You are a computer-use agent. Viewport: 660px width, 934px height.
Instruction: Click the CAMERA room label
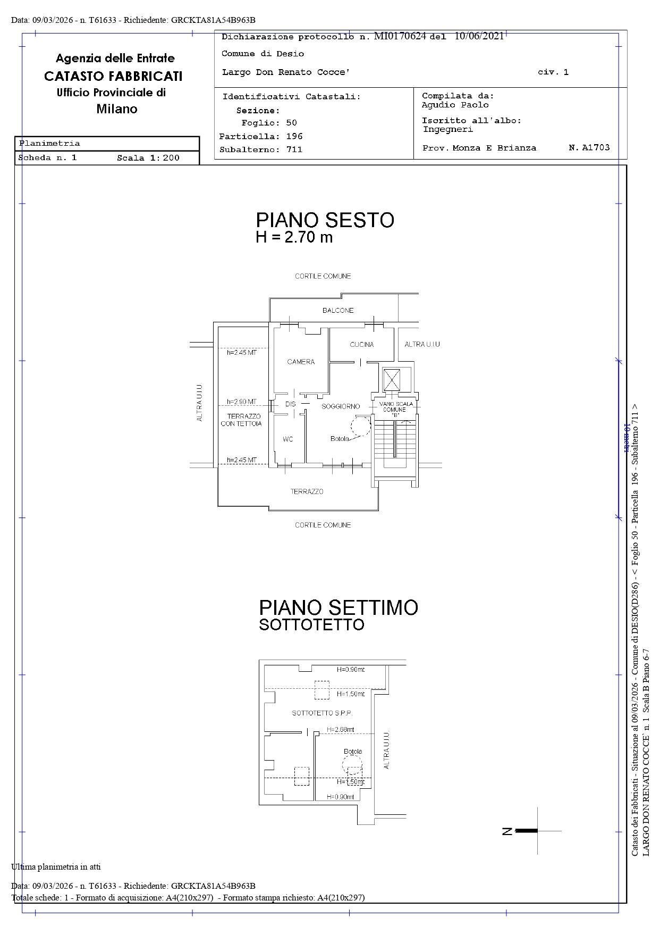(301, 362)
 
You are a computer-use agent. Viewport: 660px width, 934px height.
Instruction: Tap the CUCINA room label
(361, 345)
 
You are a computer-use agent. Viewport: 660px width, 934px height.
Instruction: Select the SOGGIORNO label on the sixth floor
(341, 406)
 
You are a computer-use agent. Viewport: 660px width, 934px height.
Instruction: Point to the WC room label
(288, 439)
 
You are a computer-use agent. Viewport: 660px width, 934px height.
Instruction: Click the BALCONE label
(338, 310)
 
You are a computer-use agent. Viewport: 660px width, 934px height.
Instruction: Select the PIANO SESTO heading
(325, 220)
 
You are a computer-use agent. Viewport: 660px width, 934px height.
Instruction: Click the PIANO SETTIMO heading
(338, 607)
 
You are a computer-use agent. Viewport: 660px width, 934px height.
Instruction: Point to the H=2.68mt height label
(340, 730)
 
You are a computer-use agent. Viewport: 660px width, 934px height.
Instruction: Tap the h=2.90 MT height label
(242, 402)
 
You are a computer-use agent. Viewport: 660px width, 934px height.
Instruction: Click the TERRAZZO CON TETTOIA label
(242, 420)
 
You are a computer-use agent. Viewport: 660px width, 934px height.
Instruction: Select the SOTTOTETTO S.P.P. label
(322, 713)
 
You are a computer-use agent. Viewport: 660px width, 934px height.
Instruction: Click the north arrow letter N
(507, 831)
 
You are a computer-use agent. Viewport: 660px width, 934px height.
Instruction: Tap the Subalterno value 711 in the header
(294, 149)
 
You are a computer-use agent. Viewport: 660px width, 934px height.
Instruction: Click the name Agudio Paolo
(455, 105)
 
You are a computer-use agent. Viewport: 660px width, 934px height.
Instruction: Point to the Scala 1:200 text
(148, 158)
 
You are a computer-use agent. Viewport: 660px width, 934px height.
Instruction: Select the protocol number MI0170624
(400, 36)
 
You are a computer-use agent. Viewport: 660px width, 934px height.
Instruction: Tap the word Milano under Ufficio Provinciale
(117, 109)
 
